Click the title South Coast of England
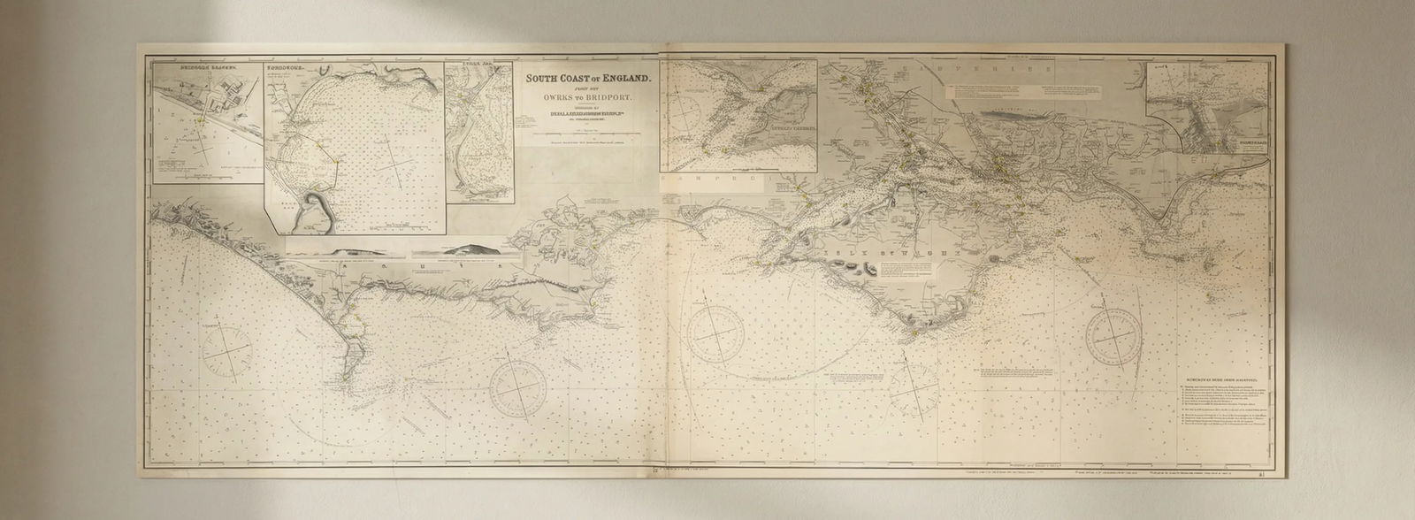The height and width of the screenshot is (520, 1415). [588, 78]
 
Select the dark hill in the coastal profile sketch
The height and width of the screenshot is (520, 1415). [473, 249]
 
